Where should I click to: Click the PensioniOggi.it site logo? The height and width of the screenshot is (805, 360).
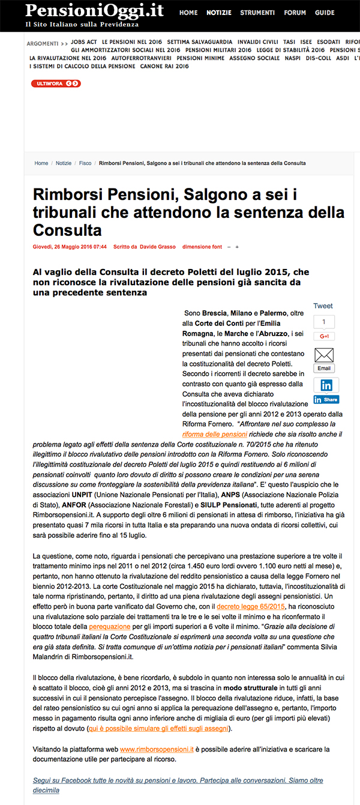point(94,10)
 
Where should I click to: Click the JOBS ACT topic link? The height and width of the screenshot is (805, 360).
point(84,43)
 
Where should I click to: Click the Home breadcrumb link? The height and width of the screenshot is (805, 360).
point(41,163)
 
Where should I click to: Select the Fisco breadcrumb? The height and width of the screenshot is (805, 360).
point(85,163)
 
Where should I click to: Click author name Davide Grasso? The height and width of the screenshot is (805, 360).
point(159,247)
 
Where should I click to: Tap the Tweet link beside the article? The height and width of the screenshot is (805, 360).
point(323,306)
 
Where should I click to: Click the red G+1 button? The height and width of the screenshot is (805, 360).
point(324,336)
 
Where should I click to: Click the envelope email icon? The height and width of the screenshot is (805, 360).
point(324,355)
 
